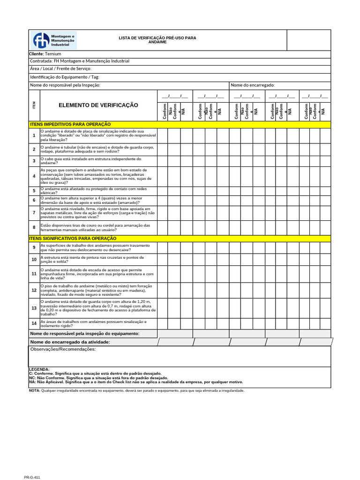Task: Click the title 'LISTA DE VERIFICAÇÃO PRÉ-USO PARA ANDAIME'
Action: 157,39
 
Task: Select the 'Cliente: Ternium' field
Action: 45,54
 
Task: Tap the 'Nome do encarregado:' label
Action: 252,85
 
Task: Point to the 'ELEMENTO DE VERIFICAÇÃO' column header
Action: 98,105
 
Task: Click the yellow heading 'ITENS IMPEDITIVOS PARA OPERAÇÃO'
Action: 70,124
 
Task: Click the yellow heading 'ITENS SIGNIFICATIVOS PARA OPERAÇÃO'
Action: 73,239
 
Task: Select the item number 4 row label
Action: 34,176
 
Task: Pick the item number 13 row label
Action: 34,308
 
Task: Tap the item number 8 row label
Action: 34,227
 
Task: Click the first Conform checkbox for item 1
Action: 163,136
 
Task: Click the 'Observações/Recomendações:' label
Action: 63,349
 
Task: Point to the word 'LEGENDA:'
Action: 39,369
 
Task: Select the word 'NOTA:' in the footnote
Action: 35,390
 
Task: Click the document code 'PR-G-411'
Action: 33,477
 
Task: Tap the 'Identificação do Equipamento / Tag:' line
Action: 65,77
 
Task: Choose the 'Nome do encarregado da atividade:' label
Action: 70,342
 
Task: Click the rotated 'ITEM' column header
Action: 34,105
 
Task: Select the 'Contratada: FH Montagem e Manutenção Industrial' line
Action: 80,61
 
